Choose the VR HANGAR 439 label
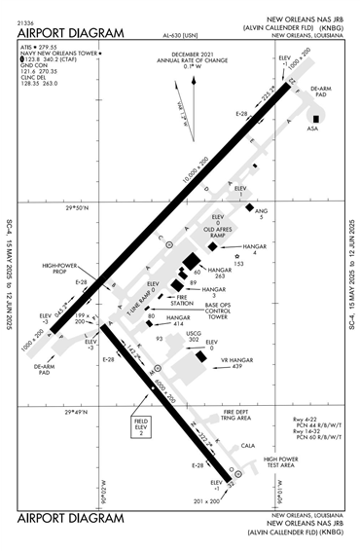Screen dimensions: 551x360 [236, 362]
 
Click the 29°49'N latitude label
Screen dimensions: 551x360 [77, 412]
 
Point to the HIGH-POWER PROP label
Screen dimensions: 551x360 [61, 269]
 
